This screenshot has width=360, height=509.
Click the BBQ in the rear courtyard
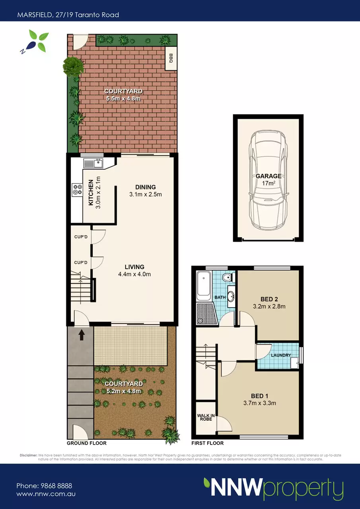click(171, 58)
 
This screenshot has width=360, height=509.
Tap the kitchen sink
click(93, 163)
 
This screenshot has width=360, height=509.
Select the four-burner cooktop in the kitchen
click(77, 190)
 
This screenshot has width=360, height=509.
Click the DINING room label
click(146, 187)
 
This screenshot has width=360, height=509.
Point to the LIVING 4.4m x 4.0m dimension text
click(134, 274)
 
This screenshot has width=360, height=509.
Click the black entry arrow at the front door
click(82, 335)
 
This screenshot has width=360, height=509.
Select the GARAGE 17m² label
click(269, 179)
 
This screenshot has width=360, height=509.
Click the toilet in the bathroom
click(228, 277)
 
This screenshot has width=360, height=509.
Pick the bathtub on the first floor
click(204, 286)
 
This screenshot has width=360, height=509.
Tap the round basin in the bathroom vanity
click(231, 296)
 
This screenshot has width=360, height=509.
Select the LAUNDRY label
click(281, 355)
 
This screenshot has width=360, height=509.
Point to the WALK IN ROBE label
click(206, 417)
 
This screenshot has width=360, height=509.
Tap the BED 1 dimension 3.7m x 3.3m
click(260, 403)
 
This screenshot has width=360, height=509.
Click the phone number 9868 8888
click(56, 486)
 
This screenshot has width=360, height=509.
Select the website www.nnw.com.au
click(46, 494)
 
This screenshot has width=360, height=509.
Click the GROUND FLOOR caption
click(87, 443)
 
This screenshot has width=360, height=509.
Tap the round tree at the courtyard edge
click(73, 66)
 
